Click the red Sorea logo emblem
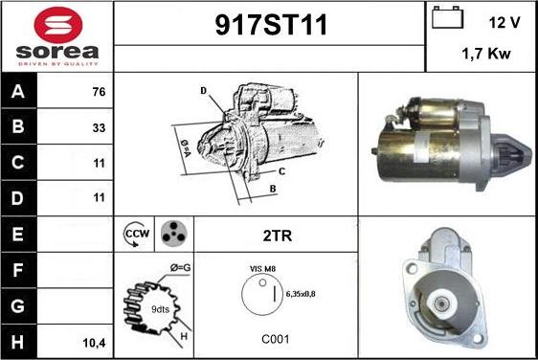click(x=58, y=25)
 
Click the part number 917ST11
click(x=271, y=25)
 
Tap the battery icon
click(x=447, y=17)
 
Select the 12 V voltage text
click(x=504, y=23)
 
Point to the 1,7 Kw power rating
click(x=486, y=54)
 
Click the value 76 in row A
click(x=99, y=92)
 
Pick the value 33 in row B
click(x=99, y=127)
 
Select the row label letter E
click(x=17, y=234)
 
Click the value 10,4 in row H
click(x=95, y=343)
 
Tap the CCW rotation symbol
click(x=137, y=235)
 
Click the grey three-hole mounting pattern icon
click(x=174, y=234)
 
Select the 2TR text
click(x=278, y=236)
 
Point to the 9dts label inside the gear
click(x=160, y=309)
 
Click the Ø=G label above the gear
click(x=181, y=267)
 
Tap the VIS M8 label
click(x=263, y=269)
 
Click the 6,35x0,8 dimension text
click(x=301, y=294)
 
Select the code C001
click(x=275, y=339)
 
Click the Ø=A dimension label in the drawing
click(x=186, y=147)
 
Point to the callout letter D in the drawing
click(x=204, y=91)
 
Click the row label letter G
click(x=17, y=305)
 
